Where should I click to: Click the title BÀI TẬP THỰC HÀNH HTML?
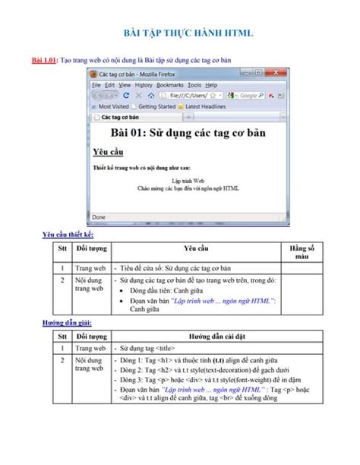click(x=188, y=34)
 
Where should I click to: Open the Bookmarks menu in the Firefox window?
click(x=170, y=85)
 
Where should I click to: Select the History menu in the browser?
click(x=138, y=85)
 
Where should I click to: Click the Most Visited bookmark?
click(x=113, y=107)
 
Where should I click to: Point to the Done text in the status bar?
click(x=99, y=217)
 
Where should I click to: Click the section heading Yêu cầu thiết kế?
click(x=68, y=235)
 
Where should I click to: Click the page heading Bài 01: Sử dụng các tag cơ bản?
click(x=188, y=134)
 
